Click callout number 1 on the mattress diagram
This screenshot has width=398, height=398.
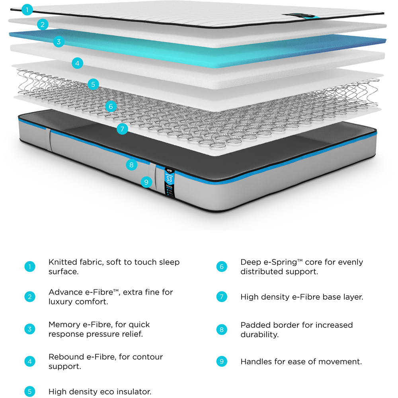(x=27, y=10)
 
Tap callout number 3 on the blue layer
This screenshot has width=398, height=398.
(x=59, y=41)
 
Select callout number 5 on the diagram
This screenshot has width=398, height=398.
(x=93, y=84)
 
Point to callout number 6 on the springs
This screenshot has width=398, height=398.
(x=111, y=106)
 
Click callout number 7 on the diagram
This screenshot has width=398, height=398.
(x=122, y=129)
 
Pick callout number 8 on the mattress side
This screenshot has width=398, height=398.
(x=132, y=164)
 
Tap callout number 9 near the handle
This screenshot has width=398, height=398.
(x=146, y=182)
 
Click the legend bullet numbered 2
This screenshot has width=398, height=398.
(x=30, y=297)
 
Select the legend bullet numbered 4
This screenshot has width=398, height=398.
(x=30, y=361)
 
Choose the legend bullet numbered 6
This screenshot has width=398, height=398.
(x=222, y=267)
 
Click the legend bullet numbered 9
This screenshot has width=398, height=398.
(x=222, y=361)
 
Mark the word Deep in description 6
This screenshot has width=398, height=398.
(x=250, y=262)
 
